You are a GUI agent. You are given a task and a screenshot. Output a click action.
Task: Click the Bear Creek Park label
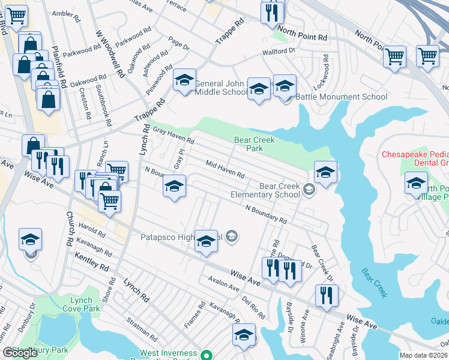point(255,144)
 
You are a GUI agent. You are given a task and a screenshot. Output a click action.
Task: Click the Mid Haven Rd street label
point(225,169)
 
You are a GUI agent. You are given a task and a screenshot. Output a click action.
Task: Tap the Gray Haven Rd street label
point(173,136)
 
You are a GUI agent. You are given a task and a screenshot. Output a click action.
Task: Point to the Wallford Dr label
point(279,52)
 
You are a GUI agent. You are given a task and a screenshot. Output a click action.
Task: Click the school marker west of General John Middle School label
point(184,80)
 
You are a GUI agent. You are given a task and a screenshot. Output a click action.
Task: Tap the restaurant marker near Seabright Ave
point(327,295)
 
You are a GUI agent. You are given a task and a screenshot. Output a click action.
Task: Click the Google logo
point(20,353)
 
